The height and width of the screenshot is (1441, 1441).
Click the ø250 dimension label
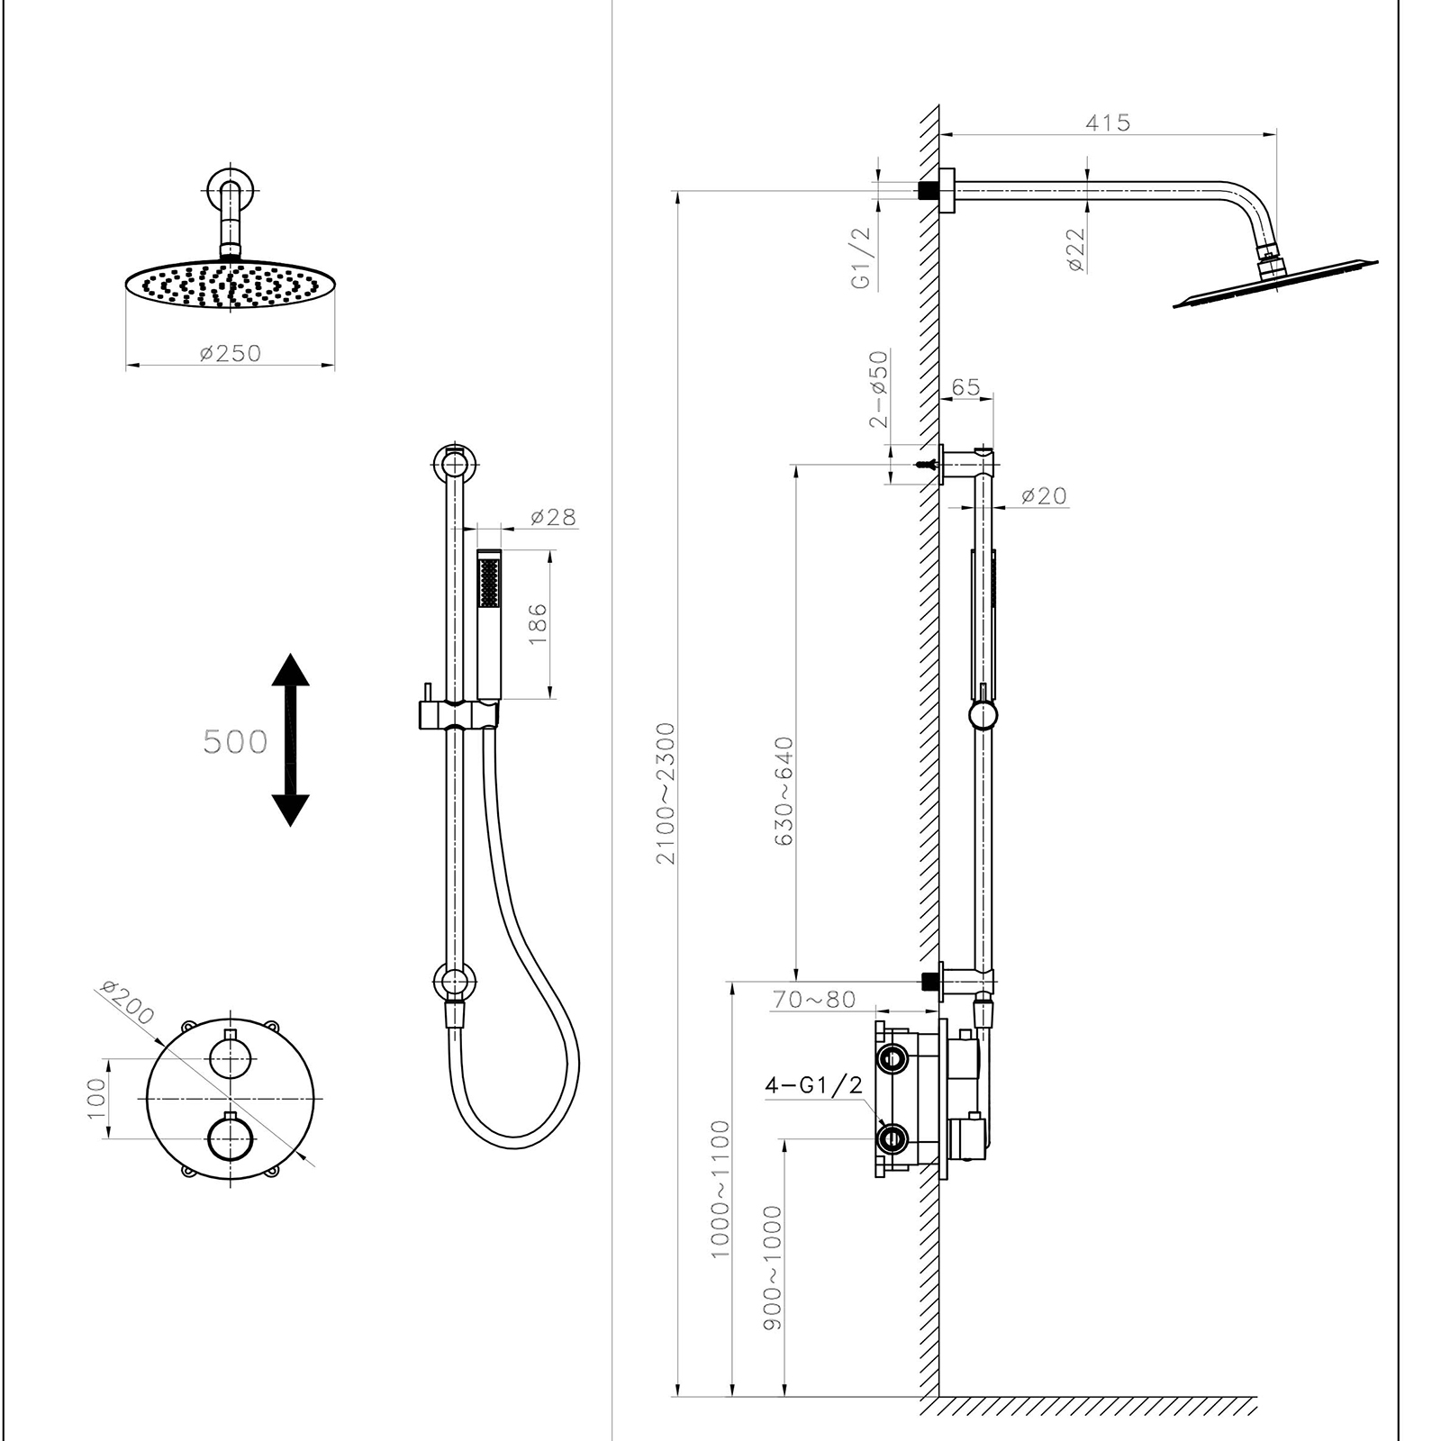tap(231, 353)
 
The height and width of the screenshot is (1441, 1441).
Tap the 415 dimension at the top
tap(1107, 122)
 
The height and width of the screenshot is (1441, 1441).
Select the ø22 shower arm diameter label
tap(1076, 249)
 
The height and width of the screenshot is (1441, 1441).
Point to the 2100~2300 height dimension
tap(666, 793)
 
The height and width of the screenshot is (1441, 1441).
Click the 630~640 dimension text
tap(784, 791)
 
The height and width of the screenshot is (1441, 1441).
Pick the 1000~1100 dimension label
tap(720, 1189)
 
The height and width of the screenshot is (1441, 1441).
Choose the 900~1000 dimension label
tap(773, 1266)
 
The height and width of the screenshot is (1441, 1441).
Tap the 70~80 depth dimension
tap(814, 1000)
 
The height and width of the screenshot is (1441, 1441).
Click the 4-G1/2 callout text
tap(813, 1085)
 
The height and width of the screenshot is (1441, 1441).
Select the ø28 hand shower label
tap(552, 517)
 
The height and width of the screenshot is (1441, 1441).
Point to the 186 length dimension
tap(538, 623)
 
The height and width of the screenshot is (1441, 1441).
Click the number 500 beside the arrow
tap(235, 742)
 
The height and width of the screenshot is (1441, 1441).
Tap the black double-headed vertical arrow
tap(290, 739)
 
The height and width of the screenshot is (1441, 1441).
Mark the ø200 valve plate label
tap(128, 1002)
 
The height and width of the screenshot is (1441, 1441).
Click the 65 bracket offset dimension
tap(965, 387)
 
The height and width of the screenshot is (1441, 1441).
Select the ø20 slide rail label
tap(1044, 495)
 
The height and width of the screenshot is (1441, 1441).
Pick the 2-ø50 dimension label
tap(879, 389)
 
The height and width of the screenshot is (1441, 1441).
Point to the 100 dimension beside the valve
tap(96, 1098)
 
